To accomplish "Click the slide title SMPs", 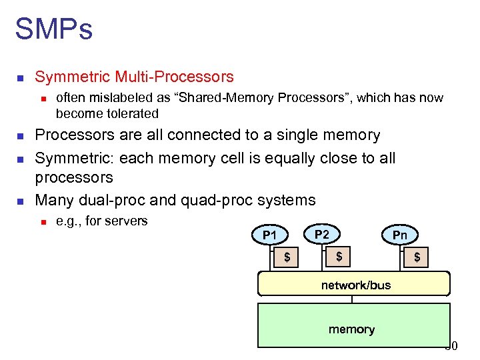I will (53, 29).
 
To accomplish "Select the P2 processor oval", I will (321, 234).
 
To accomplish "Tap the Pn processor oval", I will (399, 235).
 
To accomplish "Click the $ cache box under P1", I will (287, 257).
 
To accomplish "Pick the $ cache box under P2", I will (339, 257).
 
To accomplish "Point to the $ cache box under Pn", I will (417, 257).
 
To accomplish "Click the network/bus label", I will (356, 285).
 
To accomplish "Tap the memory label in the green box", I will (351, 329).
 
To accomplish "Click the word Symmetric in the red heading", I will (71, 77).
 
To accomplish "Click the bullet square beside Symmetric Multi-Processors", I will (20, 78).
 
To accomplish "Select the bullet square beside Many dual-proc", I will (20, 201).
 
